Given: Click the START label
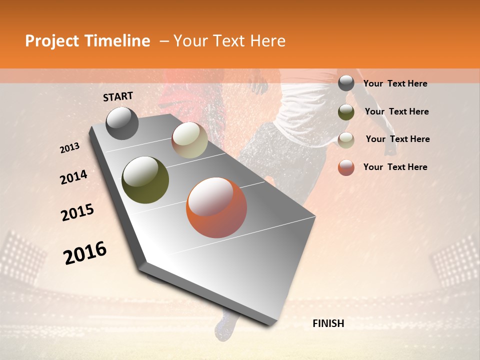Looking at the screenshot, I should [118, 96].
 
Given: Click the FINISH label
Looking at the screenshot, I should [328, 323].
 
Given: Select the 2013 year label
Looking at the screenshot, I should [69, 148].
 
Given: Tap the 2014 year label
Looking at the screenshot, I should [73, 177].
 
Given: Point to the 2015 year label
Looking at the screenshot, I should [77, 212].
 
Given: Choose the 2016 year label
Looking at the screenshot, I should [85, 253].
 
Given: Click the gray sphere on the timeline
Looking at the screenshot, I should [122, 123].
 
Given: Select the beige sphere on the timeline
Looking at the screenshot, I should [189, 140].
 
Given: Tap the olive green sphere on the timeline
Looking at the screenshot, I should [145, 180].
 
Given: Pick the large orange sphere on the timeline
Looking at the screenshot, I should [216, 207].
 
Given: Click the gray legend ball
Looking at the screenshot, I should [346, 83].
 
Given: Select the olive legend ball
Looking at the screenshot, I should [346, 111].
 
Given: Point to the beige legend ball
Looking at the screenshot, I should [346, 139].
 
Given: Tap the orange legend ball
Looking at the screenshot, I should [346, 167].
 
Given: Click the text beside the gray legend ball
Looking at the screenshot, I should [395, 83].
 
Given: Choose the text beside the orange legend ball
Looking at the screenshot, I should [395, 167].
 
